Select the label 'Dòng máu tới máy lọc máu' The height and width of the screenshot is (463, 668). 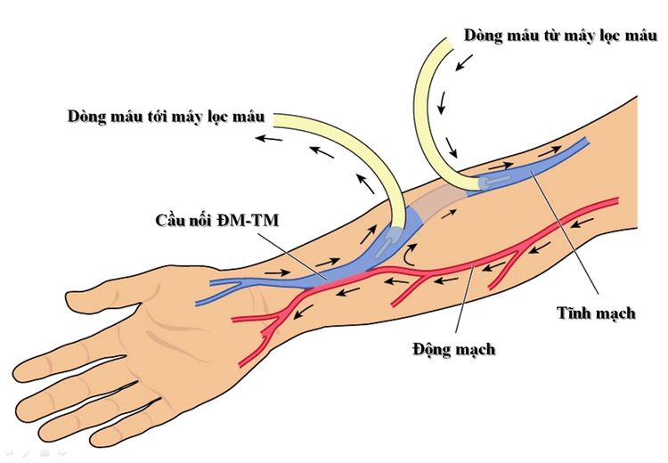(167, 117)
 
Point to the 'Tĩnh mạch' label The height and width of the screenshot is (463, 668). (596, 313)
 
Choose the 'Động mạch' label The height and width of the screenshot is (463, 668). (454, 349)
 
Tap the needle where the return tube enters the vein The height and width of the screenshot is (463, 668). (496, 181)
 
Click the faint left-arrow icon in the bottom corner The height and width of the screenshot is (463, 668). (8, 454)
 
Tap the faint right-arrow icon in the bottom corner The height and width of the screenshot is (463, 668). (62, 454)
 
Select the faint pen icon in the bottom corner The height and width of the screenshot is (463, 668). (27, 454)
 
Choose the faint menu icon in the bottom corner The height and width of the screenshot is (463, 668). (45, 454)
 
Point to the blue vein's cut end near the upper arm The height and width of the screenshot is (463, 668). (583, 142)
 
